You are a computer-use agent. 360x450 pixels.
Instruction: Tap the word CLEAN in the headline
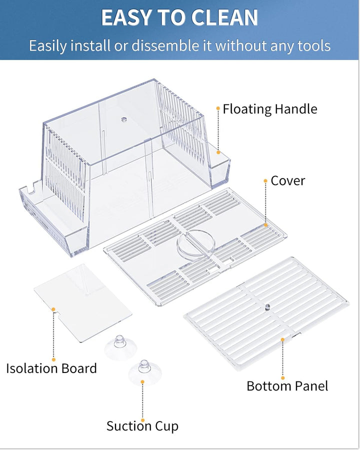pos(226,18)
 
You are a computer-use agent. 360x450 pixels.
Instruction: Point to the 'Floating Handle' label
pos(270,109)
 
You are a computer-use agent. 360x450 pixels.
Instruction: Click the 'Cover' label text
pos(287,180)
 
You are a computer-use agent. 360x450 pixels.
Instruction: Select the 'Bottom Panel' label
pos(287,386)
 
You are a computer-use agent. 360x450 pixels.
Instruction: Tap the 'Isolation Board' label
pos(51,368)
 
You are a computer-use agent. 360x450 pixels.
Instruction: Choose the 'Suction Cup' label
pos(142,426)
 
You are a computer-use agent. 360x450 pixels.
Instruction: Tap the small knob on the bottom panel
pos(267,306)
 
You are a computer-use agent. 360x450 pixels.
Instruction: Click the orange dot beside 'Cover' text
pos(265,181)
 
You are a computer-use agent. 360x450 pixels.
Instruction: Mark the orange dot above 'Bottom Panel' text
pos(282,340)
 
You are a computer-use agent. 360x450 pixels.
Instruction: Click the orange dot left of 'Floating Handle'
pos(218,108)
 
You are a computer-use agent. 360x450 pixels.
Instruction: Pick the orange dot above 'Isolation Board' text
pos(53,310)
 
